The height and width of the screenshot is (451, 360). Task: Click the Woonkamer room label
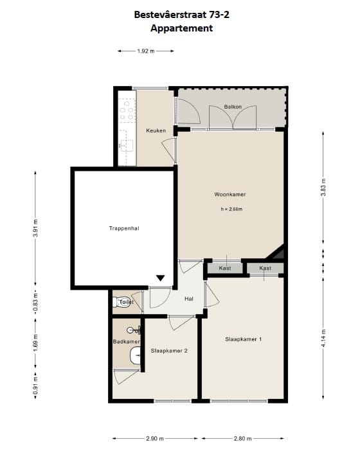click(x=230, y=195)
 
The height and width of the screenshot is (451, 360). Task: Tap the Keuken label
click(x=156, y=130)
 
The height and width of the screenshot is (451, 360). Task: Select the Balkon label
click(x=233, y=107)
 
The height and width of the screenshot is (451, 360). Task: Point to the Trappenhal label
click(x=124, y=228)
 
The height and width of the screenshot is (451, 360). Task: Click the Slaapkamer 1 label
click(x=244, y=339)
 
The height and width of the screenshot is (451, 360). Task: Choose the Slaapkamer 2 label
click(x=169, y=351)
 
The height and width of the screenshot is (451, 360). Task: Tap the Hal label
click(x=189, y=299)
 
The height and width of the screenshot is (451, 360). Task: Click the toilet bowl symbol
click(x=122, y=303)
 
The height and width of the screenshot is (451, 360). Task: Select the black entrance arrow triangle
click(x=160, y=278)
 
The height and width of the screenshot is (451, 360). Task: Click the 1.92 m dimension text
click(x=146, y=51)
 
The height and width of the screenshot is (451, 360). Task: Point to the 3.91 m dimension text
click(x=35, y=228)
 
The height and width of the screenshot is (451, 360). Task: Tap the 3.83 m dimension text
click(x=323, y=187)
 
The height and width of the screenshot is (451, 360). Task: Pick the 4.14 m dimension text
click(x=323, y=338)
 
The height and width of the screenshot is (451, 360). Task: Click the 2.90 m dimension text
click(x=155, y=438)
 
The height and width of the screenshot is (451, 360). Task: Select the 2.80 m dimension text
click(x=242, y=438)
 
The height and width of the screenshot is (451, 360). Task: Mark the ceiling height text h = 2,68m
click(x=231, y=209)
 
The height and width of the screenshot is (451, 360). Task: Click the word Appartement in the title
click(x=181, y=28)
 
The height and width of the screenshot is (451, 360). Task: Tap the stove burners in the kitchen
click(x=127, y=110)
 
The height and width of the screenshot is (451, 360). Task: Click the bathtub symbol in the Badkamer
click(x=135, y=355)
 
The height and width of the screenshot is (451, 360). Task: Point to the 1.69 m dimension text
click(x=35, y=342)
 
